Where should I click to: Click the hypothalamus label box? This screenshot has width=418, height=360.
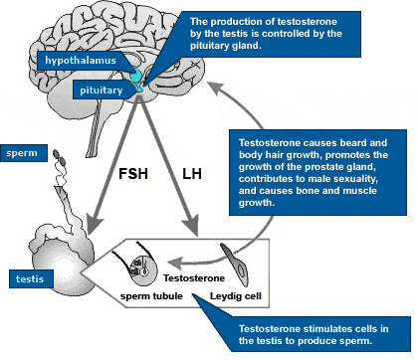coord(79,61)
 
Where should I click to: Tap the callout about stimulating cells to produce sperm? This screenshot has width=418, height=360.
coord(310,335)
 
